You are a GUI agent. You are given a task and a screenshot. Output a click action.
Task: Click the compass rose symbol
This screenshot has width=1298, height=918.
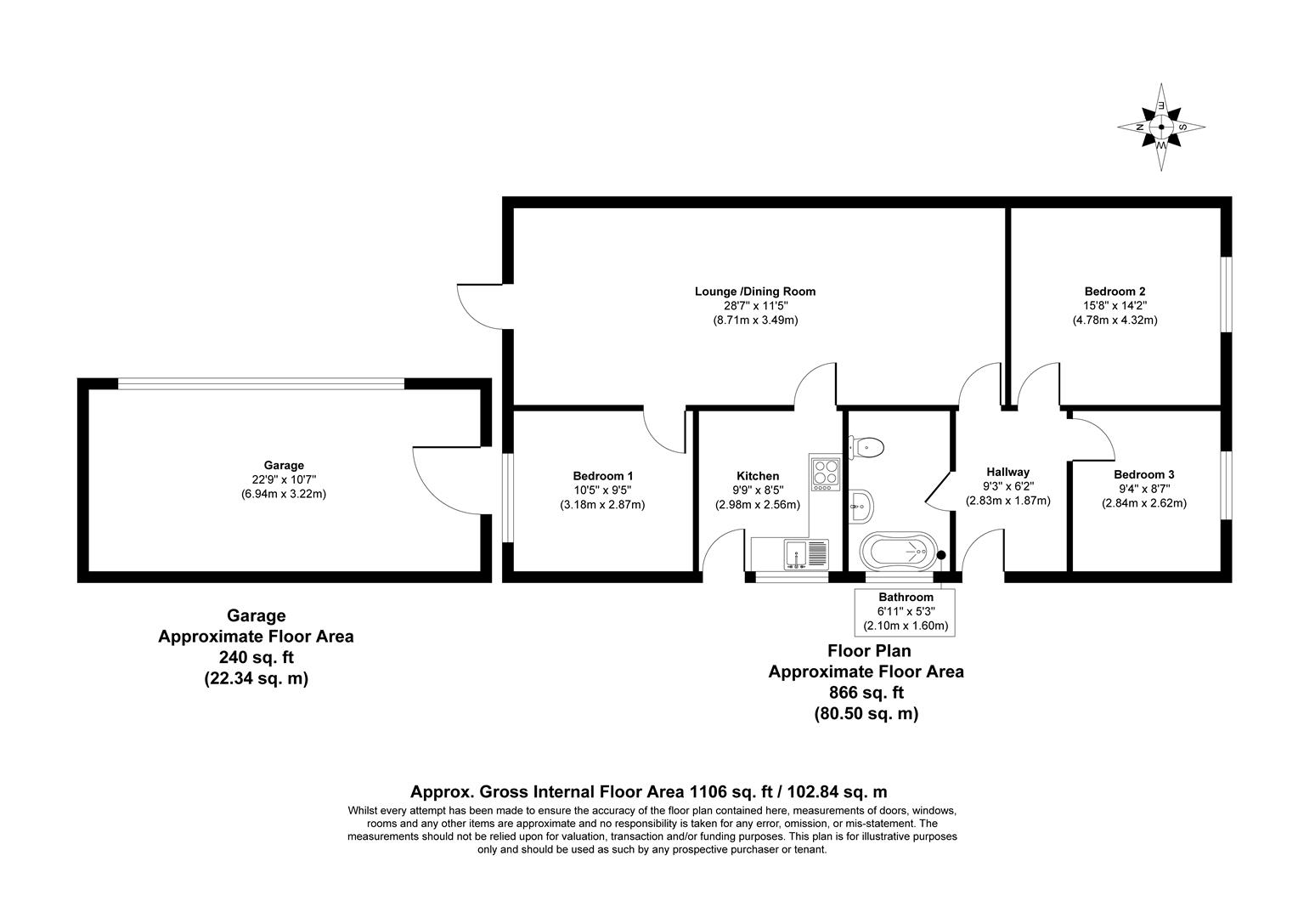(1160, 127)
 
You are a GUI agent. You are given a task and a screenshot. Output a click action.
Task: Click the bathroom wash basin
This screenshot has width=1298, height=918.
(860, 506)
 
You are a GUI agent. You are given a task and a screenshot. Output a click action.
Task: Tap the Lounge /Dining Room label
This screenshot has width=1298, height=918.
(754, 292)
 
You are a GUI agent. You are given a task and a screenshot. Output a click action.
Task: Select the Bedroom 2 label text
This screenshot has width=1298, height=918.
(1115, 291)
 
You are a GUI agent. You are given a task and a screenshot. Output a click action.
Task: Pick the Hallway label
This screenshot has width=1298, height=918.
(1007, 472)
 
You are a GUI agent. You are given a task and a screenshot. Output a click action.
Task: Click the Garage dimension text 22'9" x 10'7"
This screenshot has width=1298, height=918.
(284, 479)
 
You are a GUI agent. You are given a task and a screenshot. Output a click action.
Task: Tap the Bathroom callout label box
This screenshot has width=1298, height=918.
(905, 611)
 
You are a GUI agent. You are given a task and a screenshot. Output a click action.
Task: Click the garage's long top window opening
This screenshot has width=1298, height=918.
(261, 383)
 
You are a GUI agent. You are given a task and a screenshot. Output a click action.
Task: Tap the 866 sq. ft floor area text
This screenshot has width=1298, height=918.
(866, 693)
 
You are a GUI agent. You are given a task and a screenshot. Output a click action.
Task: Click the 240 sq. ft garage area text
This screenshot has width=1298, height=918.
(256, 657)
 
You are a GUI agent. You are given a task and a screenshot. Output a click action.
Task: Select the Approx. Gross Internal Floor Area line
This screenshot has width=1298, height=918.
(649, 791)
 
